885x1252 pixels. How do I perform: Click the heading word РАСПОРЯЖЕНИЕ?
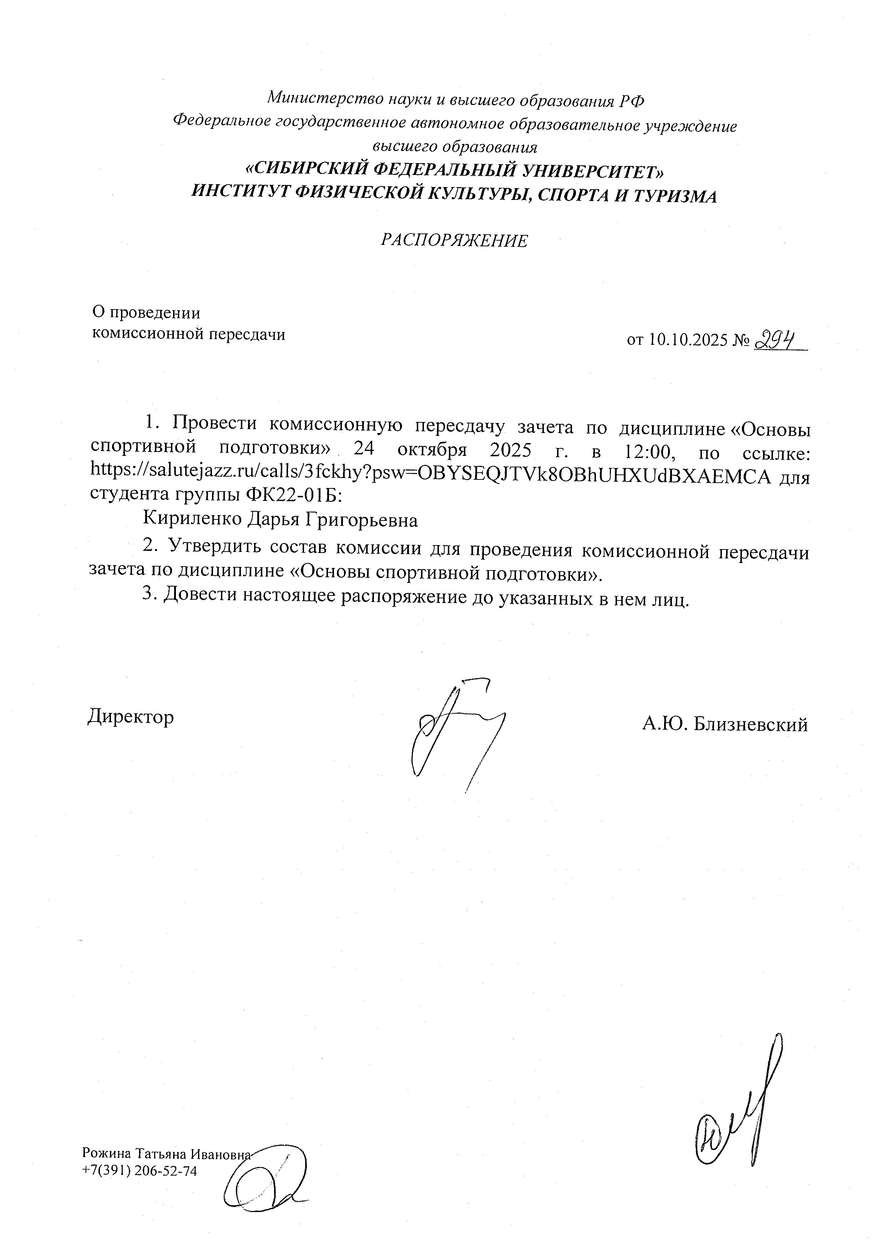(x=454, y=241)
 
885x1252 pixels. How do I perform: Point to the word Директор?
(x=131, y=716)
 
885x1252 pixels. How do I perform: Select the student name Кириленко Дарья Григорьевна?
(x=280, y=520)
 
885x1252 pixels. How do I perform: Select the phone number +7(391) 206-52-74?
(x=139, y=1171)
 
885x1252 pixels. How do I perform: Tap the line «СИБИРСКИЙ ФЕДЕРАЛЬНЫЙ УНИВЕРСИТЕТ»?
(x=454, y=171)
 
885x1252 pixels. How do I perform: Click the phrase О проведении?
(x=146, y=313)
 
